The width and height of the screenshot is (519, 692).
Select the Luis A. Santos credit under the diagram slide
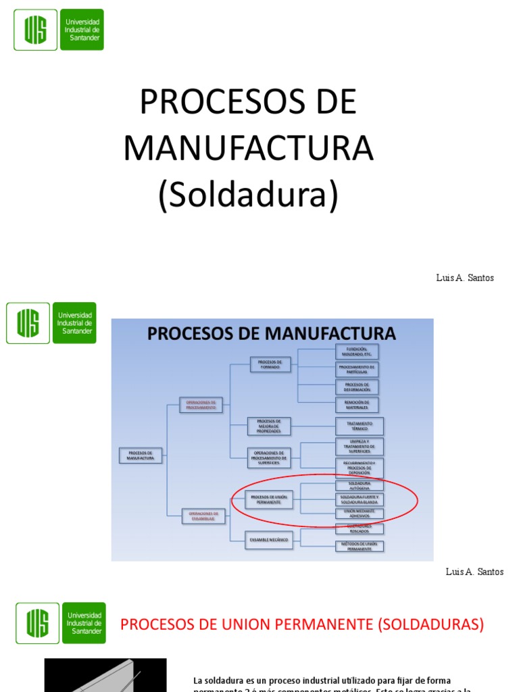(474, 572)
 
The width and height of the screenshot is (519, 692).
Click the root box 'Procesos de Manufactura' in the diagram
(141, 455)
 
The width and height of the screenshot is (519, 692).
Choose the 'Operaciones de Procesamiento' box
(200, 405)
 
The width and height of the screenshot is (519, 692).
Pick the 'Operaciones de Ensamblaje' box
(202, 516)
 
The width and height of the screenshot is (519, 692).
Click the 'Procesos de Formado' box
(270, 364)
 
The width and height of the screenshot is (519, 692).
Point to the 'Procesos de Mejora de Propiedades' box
(269, 426)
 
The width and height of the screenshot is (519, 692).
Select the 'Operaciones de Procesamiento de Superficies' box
(270, 458)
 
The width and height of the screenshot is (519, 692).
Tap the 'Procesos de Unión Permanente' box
(269, 499)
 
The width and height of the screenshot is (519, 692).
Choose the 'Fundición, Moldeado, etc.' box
(357, 351)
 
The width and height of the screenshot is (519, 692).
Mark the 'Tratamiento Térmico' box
(359, 426)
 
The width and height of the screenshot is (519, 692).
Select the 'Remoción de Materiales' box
(357, 405)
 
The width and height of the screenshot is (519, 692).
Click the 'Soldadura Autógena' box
(359, 485)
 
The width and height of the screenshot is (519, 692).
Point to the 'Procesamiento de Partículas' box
(357, 369)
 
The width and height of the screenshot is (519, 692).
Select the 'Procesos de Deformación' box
(357, 387)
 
